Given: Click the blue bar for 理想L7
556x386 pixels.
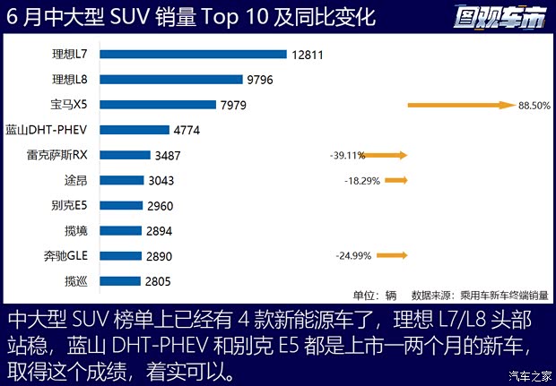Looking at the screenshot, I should [x=201, y=55].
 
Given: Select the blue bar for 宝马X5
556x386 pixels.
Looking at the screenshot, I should [x=166, y=105].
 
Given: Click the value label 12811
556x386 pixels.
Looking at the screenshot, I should [x=308, y=55].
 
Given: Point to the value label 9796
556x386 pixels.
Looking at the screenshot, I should [x=260, y=80].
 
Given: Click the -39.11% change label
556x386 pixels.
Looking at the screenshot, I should [x=347, y=155].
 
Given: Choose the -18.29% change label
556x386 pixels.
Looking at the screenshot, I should [x=362, y=180].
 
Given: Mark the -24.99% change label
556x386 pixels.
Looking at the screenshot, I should [x=354, y=256].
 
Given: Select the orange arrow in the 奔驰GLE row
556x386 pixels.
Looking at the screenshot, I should [x=392, y=255].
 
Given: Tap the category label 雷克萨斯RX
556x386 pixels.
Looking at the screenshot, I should [x=82, y=155].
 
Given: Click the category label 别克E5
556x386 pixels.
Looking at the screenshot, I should [x=94, y=205].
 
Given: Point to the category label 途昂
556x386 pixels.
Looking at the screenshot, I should [x=101, y=180].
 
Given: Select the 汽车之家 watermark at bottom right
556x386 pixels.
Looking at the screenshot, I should [x=527, y=374].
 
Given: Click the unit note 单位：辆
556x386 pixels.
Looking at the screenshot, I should [x=374, y=295].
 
